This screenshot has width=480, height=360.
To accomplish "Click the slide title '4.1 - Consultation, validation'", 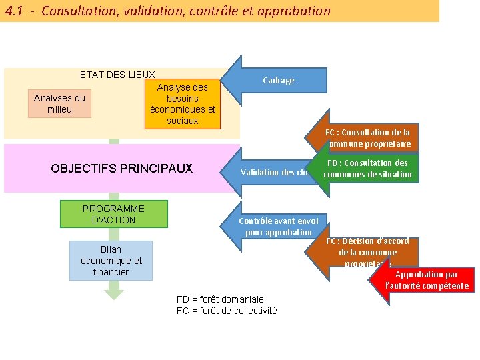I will click(167, 11).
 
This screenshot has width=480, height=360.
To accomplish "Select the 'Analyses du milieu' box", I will click(59, 103).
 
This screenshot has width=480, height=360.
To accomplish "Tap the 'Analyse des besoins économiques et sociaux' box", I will click(182, 104).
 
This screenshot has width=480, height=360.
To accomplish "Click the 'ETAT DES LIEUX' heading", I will click(117, 75).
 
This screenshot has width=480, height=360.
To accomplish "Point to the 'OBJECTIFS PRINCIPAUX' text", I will click(121, 168).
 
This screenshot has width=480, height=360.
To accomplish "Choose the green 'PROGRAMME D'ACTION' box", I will click(113, 214).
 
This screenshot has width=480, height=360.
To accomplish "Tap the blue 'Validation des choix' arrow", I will click(270, 172).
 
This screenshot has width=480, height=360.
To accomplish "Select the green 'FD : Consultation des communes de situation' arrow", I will click(366, 169).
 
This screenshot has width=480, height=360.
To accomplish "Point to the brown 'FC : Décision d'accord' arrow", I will click(363, 252).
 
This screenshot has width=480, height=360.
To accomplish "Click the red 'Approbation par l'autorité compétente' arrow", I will click(427, 280).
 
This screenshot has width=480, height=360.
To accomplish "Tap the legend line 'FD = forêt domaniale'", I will click(220, 299).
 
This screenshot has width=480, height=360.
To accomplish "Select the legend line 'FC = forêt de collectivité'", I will click(227, 311).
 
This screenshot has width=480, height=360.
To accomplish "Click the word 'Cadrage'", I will click(278, 81).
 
